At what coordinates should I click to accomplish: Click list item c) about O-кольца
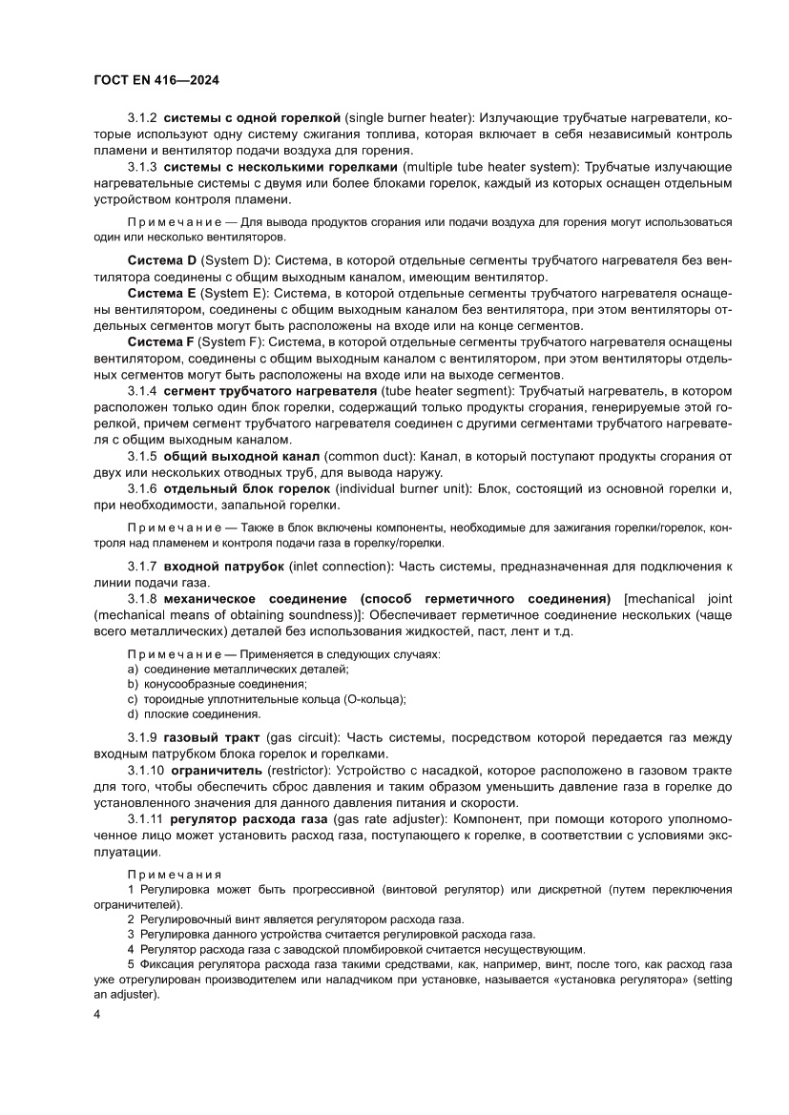pyautogui.click(x=266, y=698)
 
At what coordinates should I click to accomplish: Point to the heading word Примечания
pyautogui.click(x=174, y=874)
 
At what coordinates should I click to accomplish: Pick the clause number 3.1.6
pyautogui.click(x=142, y=488)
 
